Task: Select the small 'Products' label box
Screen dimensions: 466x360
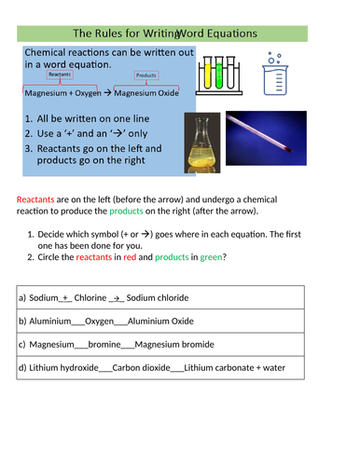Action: [x=145, y=75]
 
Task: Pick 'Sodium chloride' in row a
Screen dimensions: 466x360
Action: [x=157, y=297]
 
